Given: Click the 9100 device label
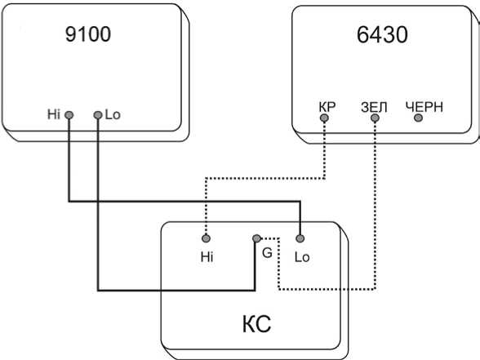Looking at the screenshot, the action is tap(88, 34).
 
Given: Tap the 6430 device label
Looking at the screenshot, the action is tap(382, 34).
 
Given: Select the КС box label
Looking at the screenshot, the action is tap(256, 324).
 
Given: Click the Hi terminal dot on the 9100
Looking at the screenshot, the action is tap(69, 115).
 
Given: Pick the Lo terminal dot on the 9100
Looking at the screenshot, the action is tap(98, 115).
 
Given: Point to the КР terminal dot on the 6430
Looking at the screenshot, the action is tap(324, 118).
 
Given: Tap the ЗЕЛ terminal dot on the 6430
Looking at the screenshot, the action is tap(375, 118).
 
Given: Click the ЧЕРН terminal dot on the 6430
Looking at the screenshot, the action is tap(418, 118).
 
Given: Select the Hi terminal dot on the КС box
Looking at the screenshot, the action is tap(206, 238).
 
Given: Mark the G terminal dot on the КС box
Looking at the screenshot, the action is tap(256, 238).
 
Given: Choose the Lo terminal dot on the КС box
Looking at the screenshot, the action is tap(300, 238).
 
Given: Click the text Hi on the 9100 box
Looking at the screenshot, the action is tap(54, 114).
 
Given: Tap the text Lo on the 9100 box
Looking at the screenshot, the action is tap(113, 114).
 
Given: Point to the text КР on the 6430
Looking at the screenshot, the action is tap(327, 107).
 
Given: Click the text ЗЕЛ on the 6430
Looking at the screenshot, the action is tap(374, 107).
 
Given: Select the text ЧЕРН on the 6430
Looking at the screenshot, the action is tap(424, 107).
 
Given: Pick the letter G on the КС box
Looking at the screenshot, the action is tap(267, 253).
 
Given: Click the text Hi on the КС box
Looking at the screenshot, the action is tap(207, 257).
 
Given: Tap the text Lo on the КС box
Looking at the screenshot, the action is tap(302, 257).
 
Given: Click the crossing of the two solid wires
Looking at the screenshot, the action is tap(98, 202).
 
